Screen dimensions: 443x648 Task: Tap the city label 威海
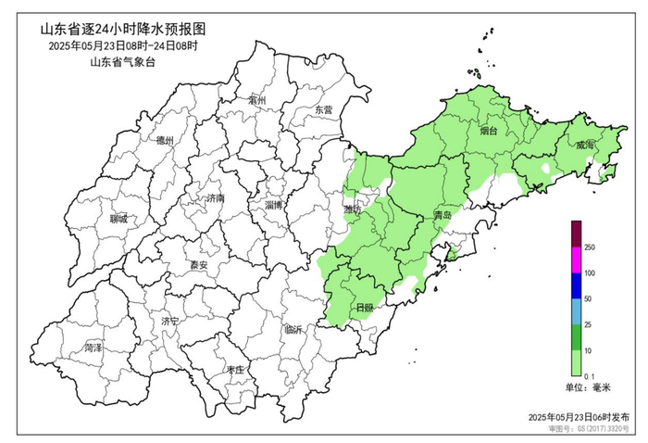tap(585, 146)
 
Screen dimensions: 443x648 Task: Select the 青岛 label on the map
tap(442, 215)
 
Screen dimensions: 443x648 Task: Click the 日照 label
tap(365, 308)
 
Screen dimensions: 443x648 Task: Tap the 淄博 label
tap(275, 205)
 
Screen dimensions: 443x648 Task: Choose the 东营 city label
tap(322, 109)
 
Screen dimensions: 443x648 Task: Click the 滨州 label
tap(257, 100)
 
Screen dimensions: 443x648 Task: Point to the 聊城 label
tap(118, 220)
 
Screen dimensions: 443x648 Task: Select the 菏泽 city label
tap(93, 348)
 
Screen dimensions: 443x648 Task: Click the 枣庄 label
tap(235, 370)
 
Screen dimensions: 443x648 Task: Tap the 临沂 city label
tap(293, 329)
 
